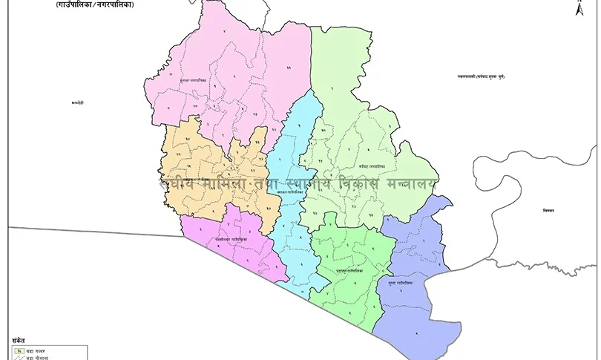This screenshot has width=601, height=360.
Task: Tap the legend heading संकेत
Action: tap(19, 340)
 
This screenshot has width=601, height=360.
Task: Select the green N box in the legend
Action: tap(18, 349)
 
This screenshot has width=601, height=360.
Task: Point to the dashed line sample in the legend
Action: tap(18, 357)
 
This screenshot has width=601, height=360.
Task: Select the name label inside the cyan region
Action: tap(289, 192)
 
